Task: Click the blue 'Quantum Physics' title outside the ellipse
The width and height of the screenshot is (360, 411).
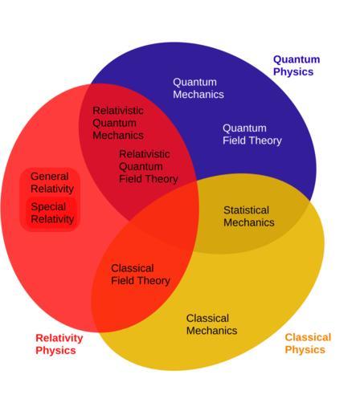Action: click(x=297, y=66)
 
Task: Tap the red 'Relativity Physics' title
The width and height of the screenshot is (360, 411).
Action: click(x=59, y=344)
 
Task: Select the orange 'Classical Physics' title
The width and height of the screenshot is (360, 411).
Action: click(x=308, y=344)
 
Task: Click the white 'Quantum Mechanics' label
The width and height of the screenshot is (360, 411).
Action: click(x=198, y=88)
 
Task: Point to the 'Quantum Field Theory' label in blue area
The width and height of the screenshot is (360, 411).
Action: click(x=252, y=134)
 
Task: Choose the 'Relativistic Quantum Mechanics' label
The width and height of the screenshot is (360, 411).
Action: click(x=118, y=123)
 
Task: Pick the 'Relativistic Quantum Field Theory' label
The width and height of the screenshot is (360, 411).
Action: click(x=149, y=166)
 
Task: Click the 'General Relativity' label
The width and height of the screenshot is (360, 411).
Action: click(x=52, y=182)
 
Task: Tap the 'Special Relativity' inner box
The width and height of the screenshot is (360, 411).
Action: click(x=52, y=214)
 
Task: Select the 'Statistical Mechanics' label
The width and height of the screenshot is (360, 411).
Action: click(x=249, y=217)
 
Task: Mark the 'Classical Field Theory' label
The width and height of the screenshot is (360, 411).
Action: click(x=141, y=275)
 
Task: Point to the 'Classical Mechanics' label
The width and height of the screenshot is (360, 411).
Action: click(x=212, y=324)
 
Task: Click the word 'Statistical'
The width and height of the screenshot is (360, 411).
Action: click(x=246, y=210)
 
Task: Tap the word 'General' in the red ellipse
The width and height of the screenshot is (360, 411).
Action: click(x=50, y=177)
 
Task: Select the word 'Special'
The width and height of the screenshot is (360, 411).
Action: click(x=48, y=207)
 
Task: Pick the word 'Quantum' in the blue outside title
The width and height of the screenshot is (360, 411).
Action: click(x=297, y=59)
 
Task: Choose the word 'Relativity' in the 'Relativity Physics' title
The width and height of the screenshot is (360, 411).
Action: click(x=59, y=338)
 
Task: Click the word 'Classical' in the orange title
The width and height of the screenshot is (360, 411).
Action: click(x=308, y=337)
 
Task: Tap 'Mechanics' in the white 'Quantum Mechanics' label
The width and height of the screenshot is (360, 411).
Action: click(x=198, y=95)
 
